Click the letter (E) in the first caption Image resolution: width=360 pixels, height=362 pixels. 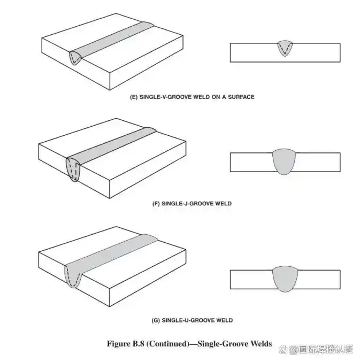click(x=134, y=97)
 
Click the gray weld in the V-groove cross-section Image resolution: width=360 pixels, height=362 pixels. click(x=285, y=48)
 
